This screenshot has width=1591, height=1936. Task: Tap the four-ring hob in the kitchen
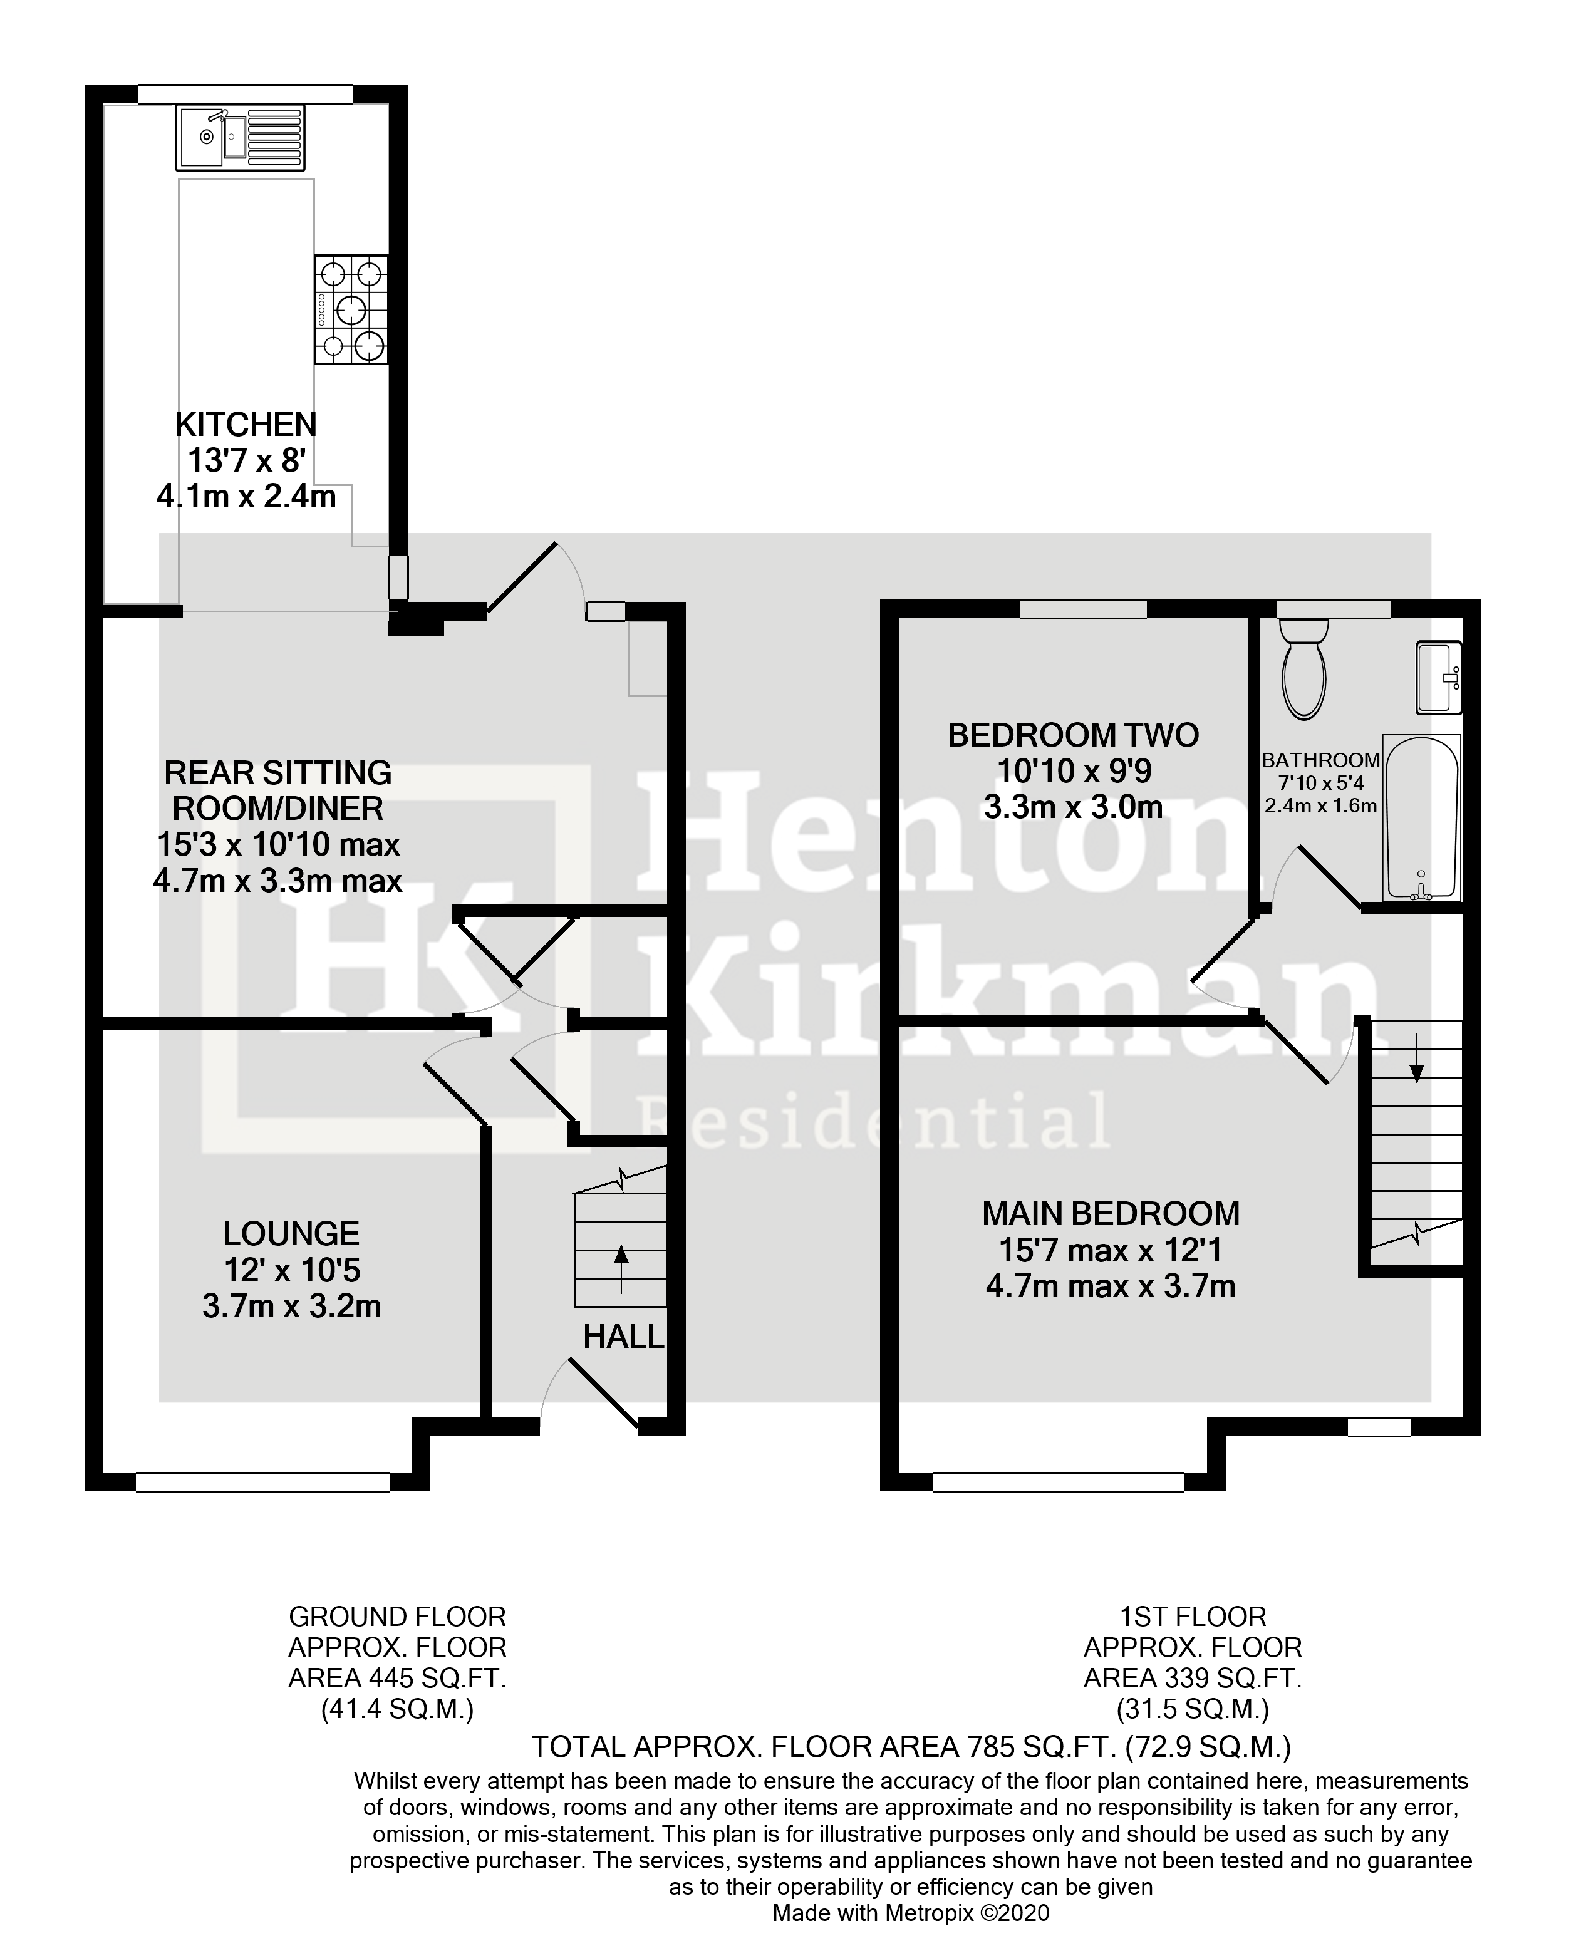click(351, 309)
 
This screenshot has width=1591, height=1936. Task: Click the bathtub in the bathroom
click(1421, 818)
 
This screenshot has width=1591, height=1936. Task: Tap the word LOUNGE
click(291, 1234)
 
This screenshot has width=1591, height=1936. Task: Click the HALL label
click(623, 1338)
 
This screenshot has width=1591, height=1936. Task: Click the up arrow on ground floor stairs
click(621, 1268)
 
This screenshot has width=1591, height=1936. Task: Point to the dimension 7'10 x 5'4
click(1320, 784)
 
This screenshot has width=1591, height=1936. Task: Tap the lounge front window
click(263, 1481)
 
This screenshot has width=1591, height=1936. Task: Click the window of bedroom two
click(1083, 608)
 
